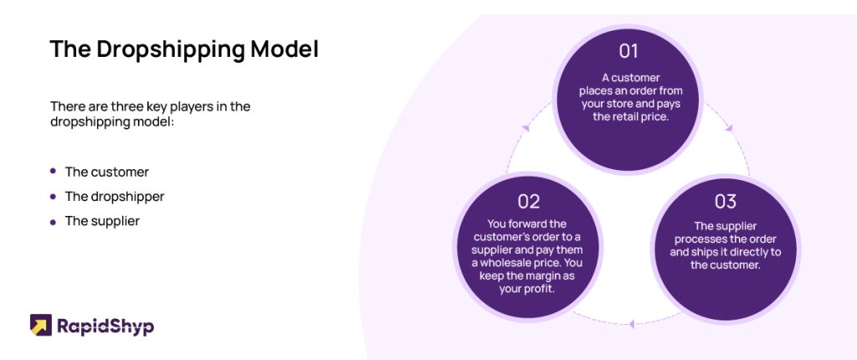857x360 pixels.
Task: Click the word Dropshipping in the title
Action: click(x=171, y=49)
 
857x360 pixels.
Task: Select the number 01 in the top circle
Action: click(x=629, y=51)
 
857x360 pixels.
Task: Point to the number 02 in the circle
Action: click(x=529, y=201)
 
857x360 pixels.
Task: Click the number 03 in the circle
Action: click(x=726, y=201)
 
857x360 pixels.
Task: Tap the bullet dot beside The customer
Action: click(x=53, y=172)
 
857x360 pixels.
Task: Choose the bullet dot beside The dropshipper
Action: click(x=53, y=196)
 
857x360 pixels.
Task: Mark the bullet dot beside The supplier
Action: click(x=53, y=222)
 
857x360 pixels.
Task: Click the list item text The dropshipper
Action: click(x=115, y=197)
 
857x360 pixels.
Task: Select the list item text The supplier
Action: click(x=102, y=222)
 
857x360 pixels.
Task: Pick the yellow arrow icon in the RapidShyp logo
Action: click(x=40, y=325)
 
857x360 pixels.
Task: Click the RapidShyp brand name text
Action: click(x=105, y=327)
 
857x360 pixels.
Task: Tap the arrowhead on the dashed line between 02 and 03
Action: click(x=632, y=324)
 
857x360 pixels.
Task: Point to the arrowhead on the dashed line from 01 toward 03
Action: click(x=729, y=128)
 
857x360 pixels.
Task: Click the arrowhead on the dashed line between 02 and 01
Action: click(x=526, y=127)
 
